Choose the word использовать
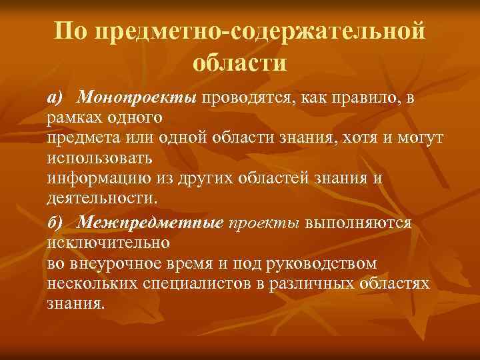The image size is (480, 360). click(x=101, y=159)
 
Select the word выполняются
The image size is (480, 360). click(x=359, y=222)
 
